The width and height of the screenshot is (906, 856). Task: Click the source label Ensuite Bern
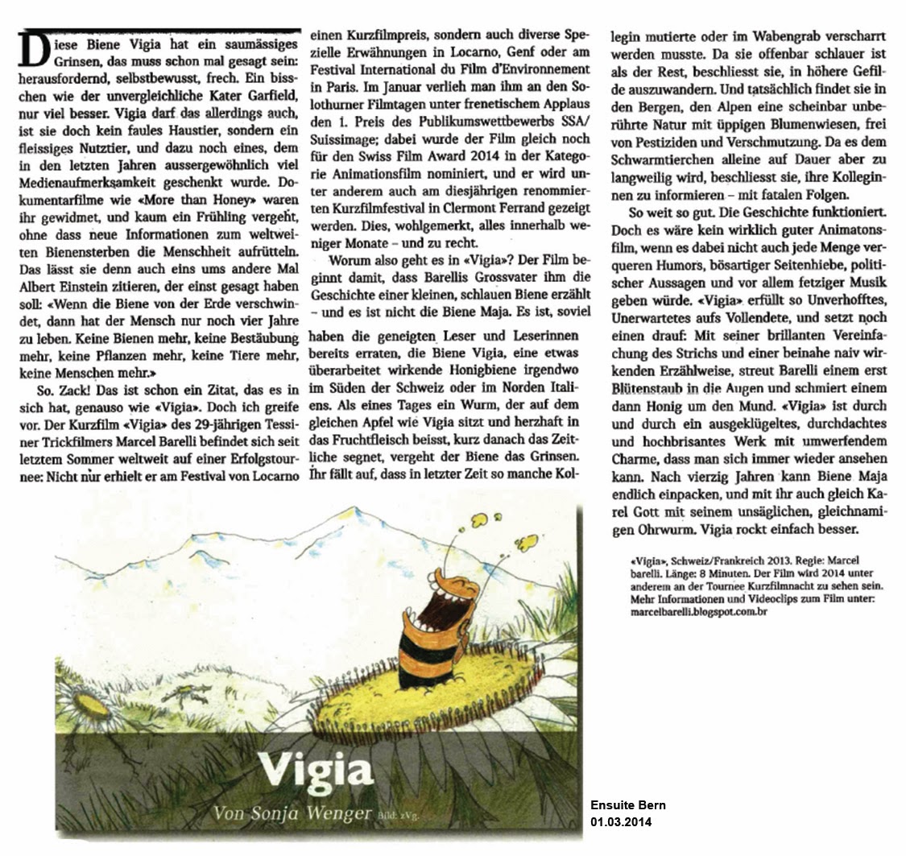pyautogui.click(x=628, y=806)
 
